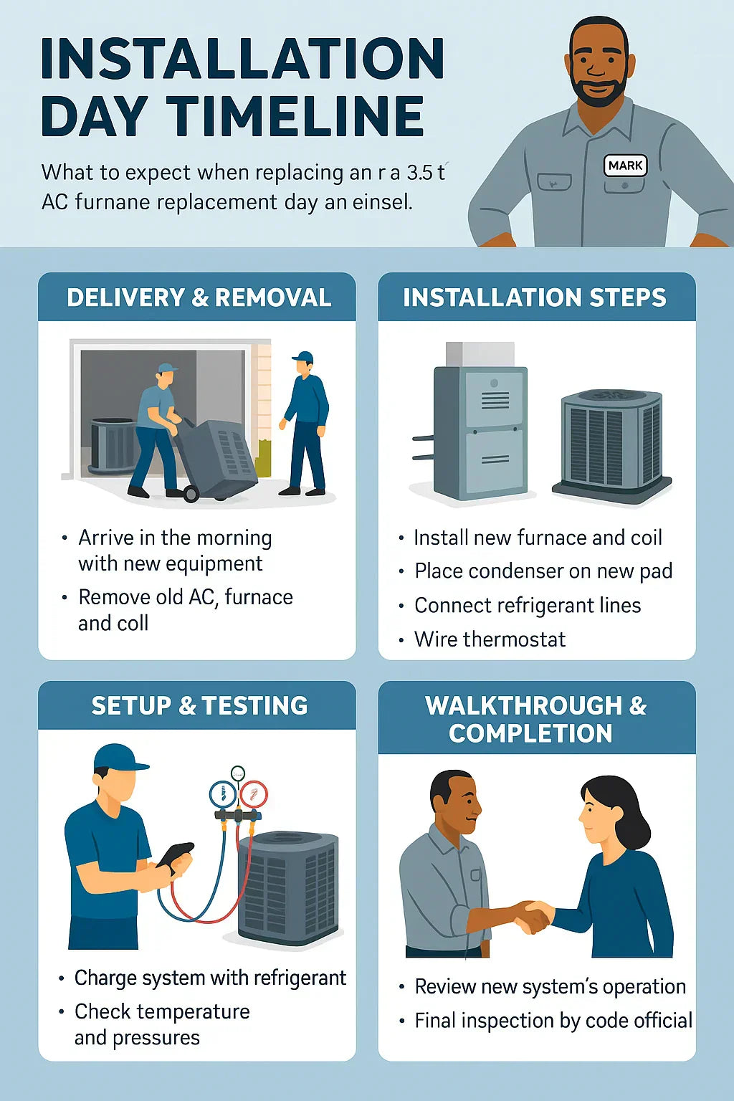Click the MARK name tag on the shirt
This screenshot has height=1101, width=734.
click(625, 166)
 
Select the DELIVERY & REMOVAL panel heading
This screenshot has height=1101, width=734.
click(199, 297)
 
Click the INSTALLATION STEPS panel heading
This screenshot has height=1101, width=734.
click(535, 297)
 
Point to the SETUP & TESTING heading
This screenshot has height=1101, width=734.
click(199, 706)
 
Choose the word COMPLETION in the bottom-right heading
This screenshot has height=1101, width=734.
click(530, 733)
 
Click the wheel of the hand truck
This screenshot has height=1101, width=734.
click(191, 493)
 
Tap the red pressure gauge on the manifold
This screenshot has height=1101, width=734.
click(253, 794)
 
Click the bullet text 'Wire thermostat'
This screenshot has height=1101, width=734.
click(490, 639)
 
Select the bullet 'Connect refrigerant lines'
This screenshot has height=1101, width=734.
click(528, 606)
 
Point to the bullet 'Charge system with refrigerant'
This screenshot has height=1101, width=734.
click(210, 978)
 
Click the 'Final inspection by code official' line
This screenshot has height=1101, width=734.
click(553, 1021)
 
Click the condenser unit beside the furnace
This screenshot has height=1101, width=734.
click(611, 444)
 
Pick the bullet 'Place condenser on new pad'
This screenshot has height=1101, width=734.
click(543, 571)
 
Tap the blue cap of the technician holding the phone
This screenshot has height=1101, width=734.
click(118, 757)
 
